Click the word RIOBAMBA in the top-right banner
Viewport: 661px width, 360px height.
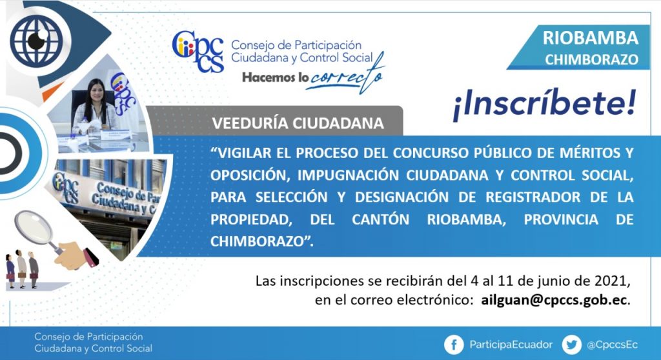(x=590, y=38)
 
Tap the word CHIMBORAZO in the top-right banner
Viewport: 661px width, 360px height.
(x=591, y=60)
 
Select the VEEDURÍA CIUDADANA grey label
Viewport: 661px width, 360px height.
(x=298, y=123)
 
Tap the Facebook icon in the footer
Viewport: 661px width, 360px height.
(x=454, y=345)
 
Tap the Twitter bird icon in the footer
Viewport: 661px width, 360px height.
(x=572, y=345)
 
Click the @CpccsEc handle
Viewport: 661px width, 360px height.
(x=612, y=345)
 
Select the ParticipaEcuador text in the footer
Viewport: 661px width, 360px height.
(x=511, y=345)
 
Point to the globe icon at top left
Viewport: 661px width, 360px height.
(x=36, y=41)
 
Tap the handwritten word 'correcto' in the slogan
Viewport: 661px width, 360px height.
(x=346, y=76)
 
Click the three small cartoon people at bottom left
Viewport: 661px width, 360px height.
(x=22, y=269)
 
